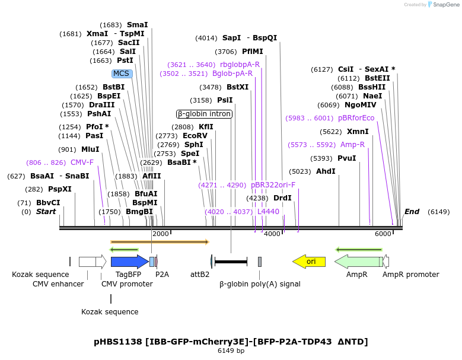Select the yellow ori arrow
click(x=309, y=262)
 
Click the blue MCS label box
click(x=121, y=74)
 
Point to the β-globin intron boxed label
click(x=205, y=114)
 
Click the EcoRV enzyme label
click(x=195, y=136)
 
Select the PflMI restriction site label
click(x=252, y=52)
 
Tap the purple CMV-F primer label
click(x=82, y=163)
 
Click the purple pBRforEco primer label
click(x=356, y=118)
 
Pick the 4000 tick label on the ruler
click(x=272, y=234)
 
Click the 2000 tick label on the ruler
click(x=161, y=234)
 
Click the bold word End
click(x=412, y=212)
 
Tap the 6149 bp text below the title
click(x=231, y=351)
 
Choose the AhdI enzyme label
click(x=326, y=172)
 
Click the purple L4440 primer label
click(x=268, y=212)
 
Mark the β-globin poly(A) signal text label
click(x=260, y=284)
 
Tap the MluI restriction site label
click(x=90, y=149)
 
